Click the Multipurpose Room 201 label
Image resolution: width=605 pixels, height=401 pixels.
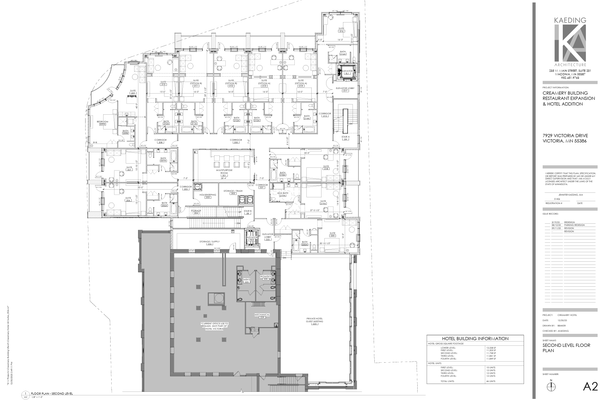click(x=223, y=172)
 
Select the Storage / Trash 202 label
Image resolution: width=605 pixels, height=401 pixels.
click(x=233, y=192)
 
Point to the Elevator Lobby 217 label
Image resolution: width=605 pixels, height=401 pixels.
click(x=345, y=89)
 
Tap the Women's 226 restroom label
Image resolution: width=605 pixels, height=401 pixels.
click(x=266, y=278)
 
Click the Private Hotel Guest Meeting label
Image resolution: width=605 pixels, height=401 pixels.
click(x=314, y=322)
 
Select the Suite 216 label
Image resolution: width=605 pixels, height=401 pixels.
click(x=341, y=30)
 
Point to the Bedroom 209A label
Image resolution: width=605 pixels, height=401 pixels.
click(x=102, y=123)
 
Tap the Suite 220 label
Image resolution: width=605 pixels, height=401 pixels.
click(x=332, y=234)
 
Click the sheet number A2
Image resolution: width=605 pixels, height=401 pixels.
click(x=590, y=387)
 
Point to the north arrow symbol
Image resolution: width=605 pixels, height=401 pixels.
click(x=551, y=386)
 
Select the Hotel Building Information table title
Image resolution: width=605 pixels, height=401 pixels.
click(x=475, y=338)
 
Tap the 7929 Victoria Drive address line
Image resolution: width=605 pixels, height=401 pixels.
click(x=565, y=136)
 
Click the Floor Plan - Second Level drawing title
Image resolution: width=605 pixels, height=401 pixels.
click(x=52, y=394)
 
